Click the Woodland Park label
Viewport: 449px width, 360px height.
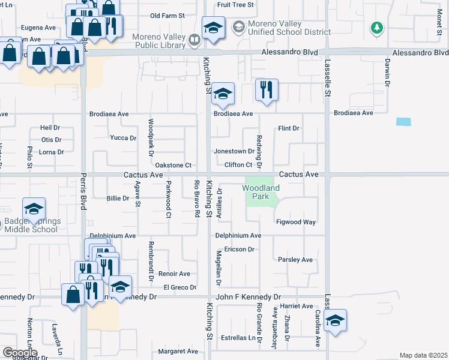coord(261,192)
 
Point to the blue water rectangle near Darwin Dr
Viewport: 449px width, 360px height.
coord(404,121)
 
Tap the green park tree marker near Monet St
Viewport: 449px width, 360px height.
coord(377,27)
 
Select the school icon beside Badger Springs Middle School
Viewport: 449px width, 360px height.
coord(34,209)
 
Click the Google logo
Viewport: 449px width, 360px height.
coord(19,352)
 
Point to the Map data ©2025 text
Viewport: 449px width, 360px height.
coord(423,355)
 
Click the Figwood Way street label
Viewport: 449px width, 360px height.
coord(297,222)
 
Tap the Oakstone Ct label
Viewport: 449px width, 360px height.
coord(173,165)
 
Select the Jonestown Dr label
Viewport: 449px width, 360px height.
coord(234,151)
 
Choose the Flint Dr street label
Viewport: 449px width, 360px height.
coord(288,128)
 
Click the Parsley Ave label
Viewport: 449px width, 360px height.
coord(295,260)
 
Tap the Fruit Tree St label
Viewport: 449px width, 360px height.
coord(236,4)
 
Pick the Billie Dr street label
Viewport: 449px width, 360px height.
coord(118,198)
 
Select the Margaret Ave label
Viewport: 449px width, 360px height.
coord(178,351)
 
